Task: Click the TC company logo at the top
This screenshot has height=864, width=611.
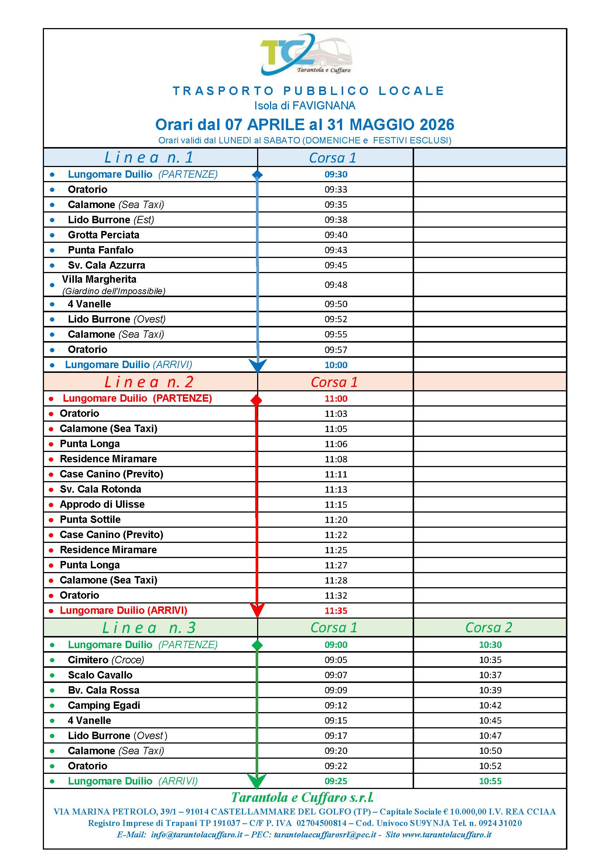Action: (x=305, y=55)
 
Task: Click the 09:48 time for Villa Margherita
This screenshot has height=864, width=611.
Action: (x=335, y=285)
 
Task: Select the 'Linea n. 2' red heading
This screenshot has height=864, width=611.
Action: (x=149, y=382)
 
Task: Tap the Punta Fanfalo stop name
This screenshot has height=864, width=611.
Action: (x=100, y=250)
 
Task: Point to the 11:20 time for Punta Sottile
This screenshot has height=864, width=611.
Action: (x=335, y=520)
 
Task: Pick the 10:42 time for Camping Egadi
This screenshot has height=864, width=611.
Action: (x=490, y=705)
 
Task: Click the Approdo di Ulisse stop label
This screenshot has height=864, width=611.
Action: (x=102, y=504)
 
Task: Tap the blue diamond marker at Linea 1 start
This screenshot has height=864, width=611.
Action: (x=257, y=174)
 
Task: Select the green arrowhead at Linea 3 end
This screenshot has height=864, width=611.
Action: (x=257, y=781)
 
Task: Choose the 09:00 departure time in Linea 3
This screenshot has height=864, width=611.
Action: (x=335, y=645)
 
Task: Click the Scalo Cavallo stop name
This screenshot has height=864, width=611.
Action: (x=100, y=675)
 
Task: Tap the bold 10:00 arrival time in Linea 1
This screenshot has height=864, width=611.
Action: (x=335, y=365)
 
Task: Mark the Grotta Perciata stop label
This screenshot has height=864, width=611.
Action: (x=103, y=235)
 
